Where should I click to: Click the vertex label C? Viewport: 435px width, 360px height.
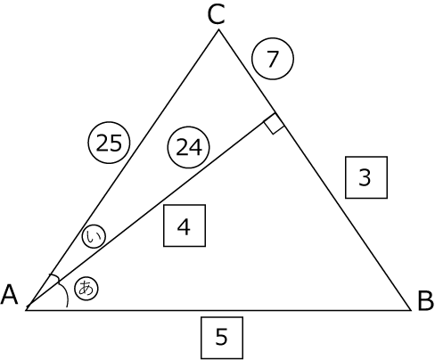216,15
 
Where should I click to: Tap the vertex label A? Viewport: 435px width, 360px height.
10,294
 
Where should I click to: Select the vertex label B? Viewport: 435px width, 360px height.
425,301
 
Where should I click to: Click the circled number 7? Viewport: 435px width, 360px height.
273,59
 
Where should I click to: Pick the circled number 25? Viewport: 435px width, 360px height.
109,143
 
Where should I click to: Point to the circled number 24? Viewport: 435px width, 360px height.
189,147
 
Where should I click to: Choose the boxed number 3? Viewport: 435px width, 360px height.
366,177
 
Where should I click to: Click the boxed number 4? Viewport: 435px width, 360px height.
185,225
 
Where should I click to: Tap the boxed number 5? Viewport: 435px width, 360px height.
222,338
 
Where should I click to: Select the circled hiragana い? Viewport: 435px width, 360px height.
94,237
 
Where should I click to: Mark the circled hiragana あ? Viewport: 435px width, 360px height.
86,289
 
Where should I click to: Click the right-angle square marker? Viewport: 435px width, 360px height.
275,124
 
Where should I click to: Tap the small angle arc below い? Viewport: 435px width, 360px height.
55,277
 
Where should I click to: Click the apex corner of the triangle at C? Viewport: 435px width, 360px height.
218,29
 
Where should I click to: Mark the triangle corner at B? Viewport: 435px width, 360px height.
411,310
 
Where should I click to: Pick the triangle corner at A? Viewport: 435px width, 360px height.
26,310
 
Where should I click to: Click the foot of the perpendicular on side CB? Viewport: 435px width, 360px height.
275,113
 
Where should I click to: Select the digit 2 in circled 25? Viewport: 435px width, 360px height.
103,143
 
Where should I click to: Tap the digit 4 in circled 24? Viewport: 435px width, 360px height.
196,147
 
